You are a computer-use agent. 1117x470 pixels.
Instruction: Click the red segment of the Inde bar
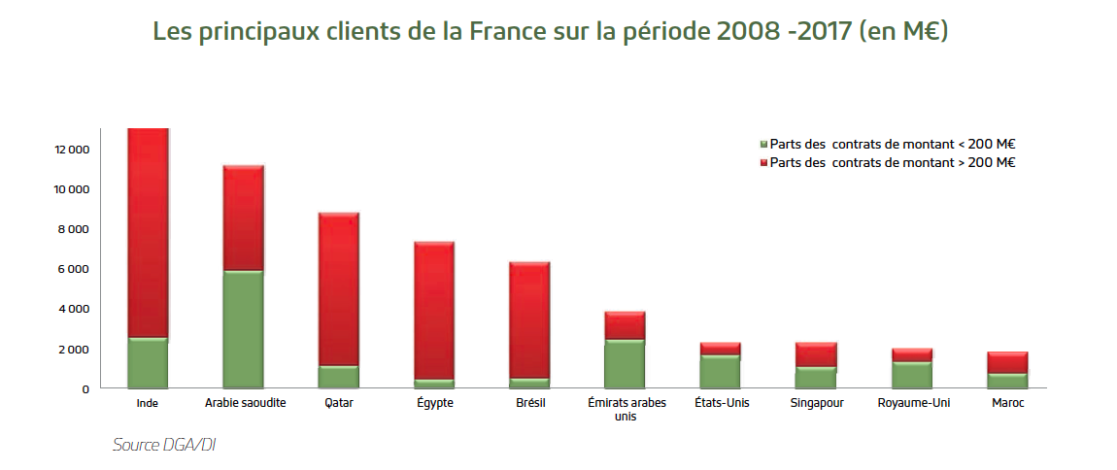(x=149, y=233)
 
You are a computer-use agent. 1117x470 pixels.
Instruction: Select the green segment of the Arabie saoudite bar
(x=244, y=329)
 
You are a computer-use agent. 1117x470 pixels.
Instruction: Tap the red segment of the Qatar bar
(x=339, y=289)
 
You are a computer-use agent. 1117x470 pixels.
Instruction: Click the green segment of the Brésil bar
(x=529, y=383)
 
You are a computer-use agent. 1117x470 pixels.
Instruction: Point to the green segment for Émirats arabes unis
(x=625, y=363)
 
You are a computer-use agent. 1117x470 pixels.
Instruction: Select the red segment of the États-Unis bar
(x=720, y=349)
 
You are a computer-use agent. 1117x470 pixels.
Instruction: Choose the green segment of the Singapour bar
(x=815, y=377)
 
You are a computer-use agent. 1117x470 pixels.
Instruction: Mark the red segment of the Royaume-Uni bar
(x=911, y=354)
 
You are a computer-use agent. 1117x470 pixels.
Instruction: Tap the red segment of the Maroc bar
(x=1007, y=362)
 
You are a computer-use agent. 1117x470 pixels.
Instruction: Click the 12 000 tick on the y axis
(x=73, y=150)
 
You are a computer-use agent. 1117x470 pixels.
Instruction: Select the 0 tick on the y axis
(x=85, y=388)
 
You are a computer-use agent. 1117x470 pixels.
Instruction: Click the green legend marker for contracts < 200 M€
(x=764, y=144)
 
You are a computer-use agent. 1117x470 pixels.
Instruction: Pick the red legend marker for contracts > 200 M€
(x=764, y=163)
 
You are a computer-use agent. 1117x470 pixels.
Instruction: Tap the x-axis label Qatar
(x=339, y=403)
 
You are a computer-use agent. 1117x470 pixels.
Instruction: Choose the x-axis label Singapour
(x=815, y=403)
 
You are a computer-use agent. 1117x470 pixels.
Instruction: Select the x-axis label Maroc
(x=1007, y=403)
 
